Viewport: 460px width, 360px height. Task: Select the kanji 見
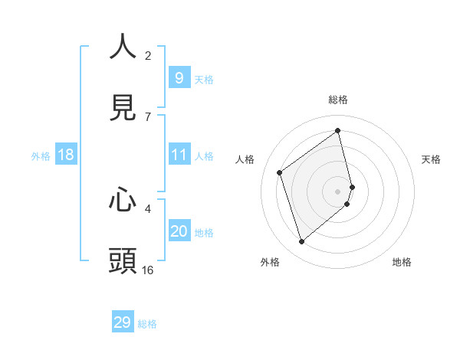pyautogui.click(x=123, y=107)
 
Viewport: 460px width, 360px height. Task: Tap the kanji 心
pyautogui.click(x=123, y=200)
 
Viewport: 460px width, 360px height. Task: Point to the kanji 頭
pyautogui.click(x=123, y=261)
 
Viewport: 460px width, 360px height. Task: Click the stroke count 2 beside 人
pyautogui.click(x=148, y=55)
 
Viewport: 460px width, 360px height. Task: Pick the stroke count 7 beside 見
pyautogui.click(x=148, y=116)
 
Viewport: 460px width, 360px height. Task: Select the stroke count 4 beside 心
pyautogui.click(x=148, y=208)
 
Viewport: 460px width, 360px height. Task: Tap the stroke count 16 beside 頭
pyautogui.click(x=148, y=270)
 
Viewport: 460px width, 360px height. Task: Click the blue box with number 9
pyautogui.click(x=179, y=78)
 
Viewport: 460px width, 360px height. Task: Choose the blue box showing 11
pyautogui.click(x=179, y=155)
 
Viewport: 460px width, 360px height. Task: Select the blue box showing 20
pyautogui.click(x=179, y=231)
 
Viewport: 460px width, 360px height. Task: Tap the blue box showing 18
pyautogui.click(x=66, y=155)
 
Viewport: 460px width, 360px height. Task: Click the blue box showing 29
pyautogui.click(x=123, y=322)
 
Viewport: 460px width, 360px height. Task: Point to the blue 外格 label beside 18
pyautogui.click(x=41, y=156)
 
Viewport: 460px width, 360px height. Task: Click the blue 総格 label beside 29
pyautogui.click(x=147, y=324)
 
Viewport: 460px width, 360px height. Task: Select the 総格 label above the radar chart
pyautogui.click(x=338, y=100)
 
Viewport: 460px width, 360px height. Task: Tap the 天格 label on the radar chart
pyautogui.click(x=431, y=159)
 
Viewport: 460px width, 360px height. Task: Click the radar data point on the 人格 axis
pyautogui.click(x=280, y=172)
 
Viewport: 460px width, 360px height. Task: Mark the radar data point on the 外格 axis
pyautogui.click(x=301, y=242)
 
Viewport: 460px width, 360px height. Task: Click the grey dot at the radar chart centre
pyautogui.click(x=338, y=191)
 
